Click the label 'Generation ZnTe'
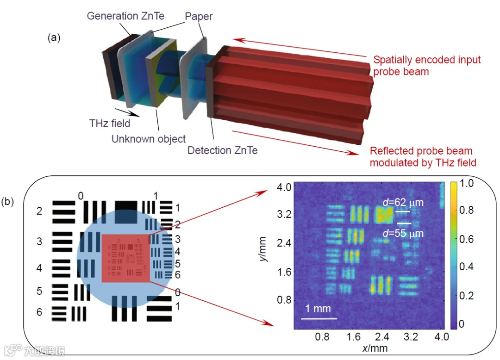coord(125,16)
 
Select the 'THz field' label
coord(110,124)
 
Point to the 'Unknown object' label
coord(149,138)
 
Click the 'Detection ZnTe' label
coord(223,150)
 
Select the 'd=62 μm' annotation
coord(404,202)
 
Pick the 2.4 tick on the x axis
coord(382,337)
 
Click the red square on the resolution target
coord(125,258)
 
